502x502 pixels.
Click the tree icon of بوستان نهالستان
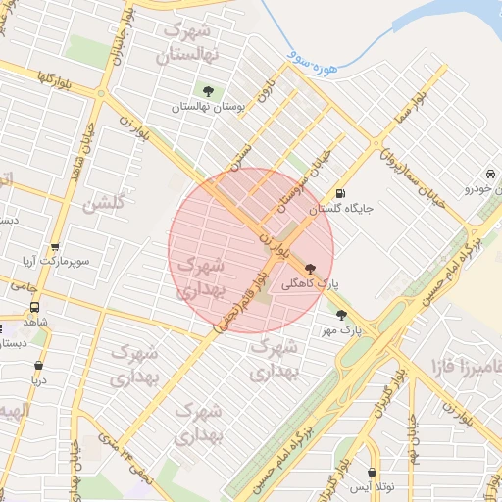coord(207,91)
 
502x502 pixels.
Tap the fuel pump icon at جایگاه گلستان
coord(340,193)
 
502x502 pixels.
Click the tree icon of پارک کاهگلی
coord(311,269)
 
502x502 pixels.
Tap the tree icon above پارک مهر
coord(341,315)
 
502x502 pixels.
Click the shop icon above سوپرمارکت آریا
coord(54,247)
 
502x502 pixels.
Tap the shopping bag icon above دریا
coord(38,366)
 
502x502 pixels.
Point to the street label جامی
coord(25,288)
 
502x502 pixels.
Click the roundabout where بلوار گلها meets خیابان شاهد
coord(101,94)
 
